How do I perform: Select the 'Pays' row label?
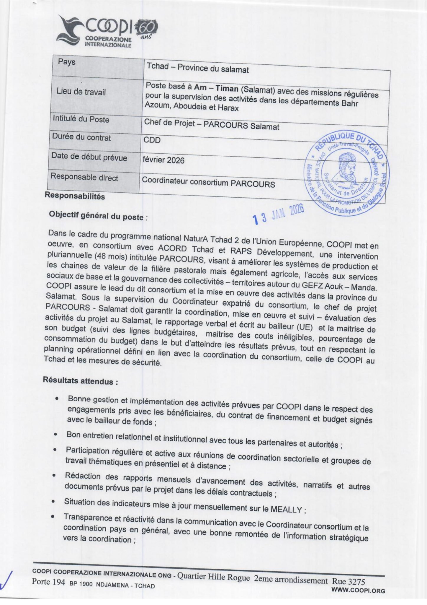pyautogui.click(x=67, y=62)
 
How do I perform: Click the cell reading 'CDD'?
pyautogui.click(x=152, y=140)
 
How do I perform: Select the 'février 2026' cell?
pyautogui.click(x=163, y=160)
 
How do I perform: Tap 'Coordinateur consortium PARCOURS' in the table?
pyautogui.click(x=208, y=183)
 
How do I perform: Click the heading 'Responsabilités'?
pyautogui.click(x=75, y=196)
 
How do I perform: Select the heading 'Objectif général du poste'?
pyautogui.click(x=96, y=216)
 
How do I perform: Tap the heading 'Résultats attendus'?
pyautogui.click(x=81, y=381)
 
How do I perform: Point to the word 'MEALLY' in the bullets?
pyautogui.click(x=286, y=510)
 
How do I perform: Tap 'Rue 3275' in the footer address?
pyautogui.click(x=349, y=582)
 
